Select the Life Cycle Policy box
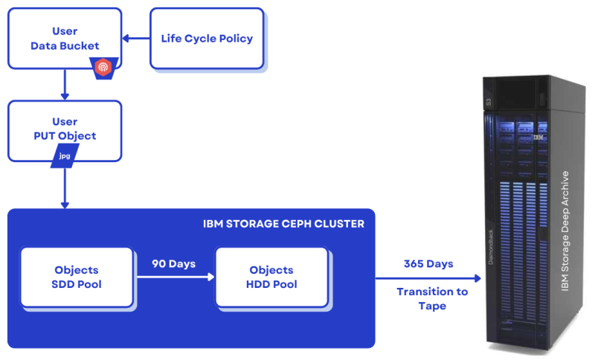207,39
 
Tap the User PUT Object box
65,129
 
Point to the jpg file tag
65,157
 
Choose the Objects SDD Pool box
76,277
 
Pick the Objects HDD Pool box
271,277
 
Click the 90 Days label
174,263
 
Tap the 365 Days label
428,264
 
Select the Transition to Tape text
432,298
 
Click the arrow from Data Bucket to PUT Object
65,85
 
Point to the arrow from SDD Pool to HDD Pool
174,277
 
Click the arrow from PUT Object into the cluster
65,187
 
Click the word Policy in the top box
235,39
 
